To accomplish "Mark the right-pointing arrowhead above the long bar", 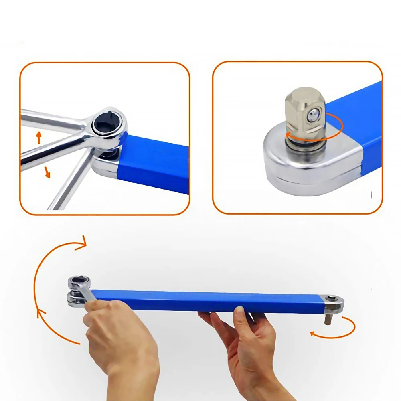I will [82, 243].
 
